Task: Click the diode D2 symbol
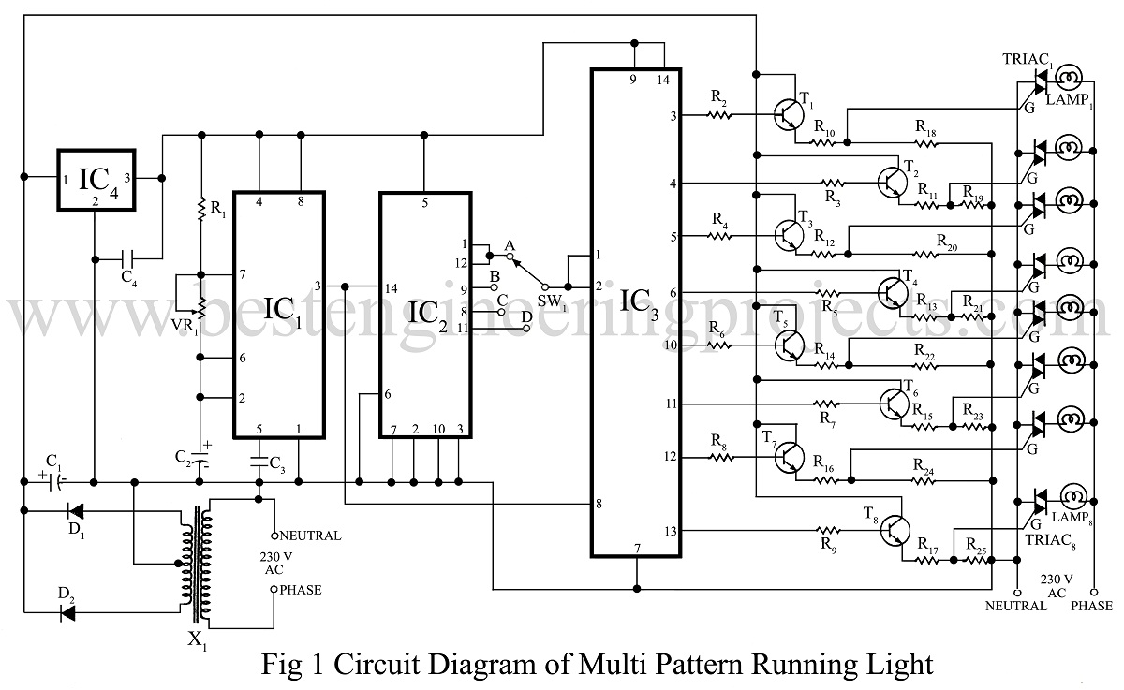(71, 613)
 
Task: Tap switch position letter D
(526, 318)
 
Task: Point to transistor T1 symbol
(786, 114)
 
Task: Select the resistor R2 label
(717, 97)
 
